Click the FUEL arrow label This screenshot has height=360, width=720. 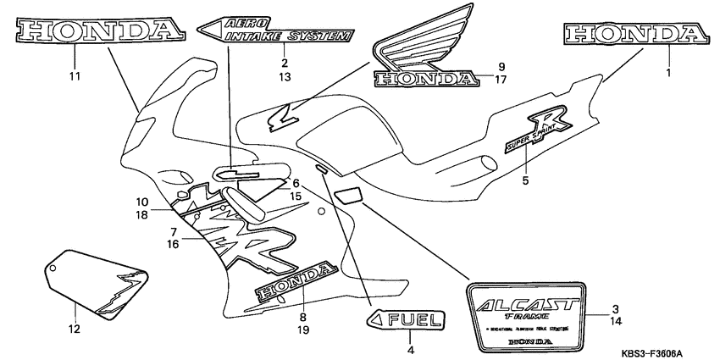(405, 320)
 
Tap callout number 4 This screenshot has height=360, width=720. (410, 349)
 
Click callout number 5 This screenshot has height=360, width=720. (525, 180)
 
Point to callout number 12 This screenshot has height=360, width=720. (74, 329)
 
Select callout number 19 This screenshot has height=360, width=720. (303, 330)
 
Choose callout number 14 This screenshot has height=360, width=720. (617, 322)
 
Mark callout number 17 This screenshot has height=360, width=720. (501, 80)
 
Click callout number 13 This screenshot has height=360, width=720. (285, 77)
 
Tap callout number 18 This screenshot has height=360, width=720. (142, 215)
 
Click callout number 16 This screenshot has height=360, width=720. (172, 243)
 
